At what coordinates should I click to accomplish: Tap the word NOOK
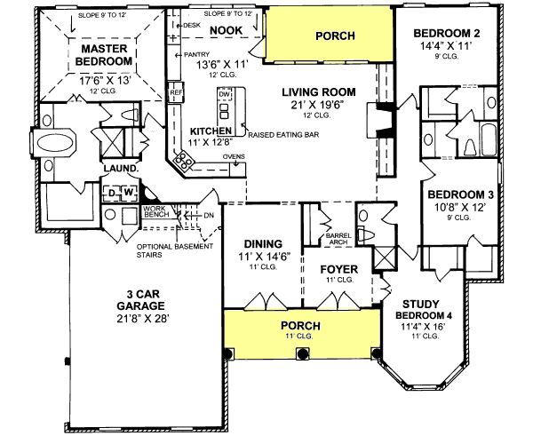pos(227,31)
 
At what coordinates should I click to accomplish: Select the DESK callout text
pos(190,26)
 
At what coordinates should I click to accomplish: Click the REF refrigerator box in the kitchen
pos(175,91)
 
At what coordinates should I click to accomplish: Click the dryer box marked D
pos(114,191)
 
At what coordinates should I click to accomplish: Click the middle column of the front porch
pos(298,353)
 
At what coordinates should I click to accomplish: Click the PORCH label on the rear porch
pos(334,36)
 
